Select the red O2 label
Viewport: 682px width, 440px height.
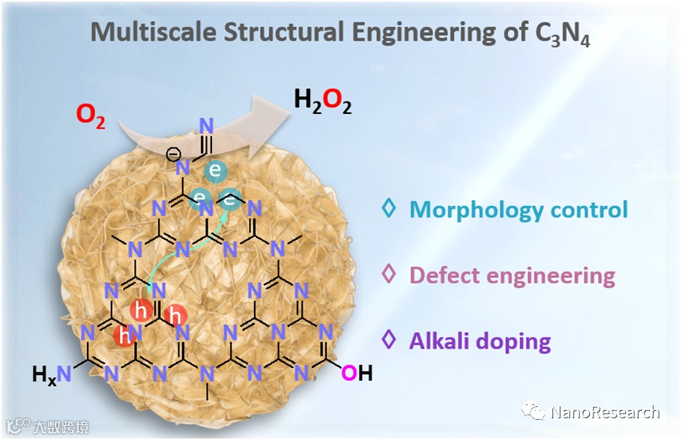(91, 116)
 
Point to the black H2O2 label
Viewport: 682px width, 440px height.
(322, 100)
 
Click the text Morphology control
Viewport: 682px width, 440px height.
(518, 209)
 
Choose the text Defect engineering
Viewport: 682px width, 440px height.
(512, 275)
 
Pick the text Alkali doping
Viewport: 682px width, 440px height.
(480, 341)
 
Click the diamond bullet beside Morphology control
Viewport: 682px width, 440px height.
(388, 208)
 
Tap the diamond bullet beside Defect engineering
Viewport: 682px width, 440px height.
(388, 274)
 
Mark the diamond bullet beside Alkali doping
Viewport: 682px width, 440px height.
(388, 340)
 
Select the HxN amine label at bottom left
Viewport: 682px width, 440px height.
(52, 373)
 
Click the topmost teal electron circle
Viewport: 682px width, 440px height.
(215, 171)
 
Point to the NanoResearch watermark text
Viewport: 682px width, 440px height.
(604, 412)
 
